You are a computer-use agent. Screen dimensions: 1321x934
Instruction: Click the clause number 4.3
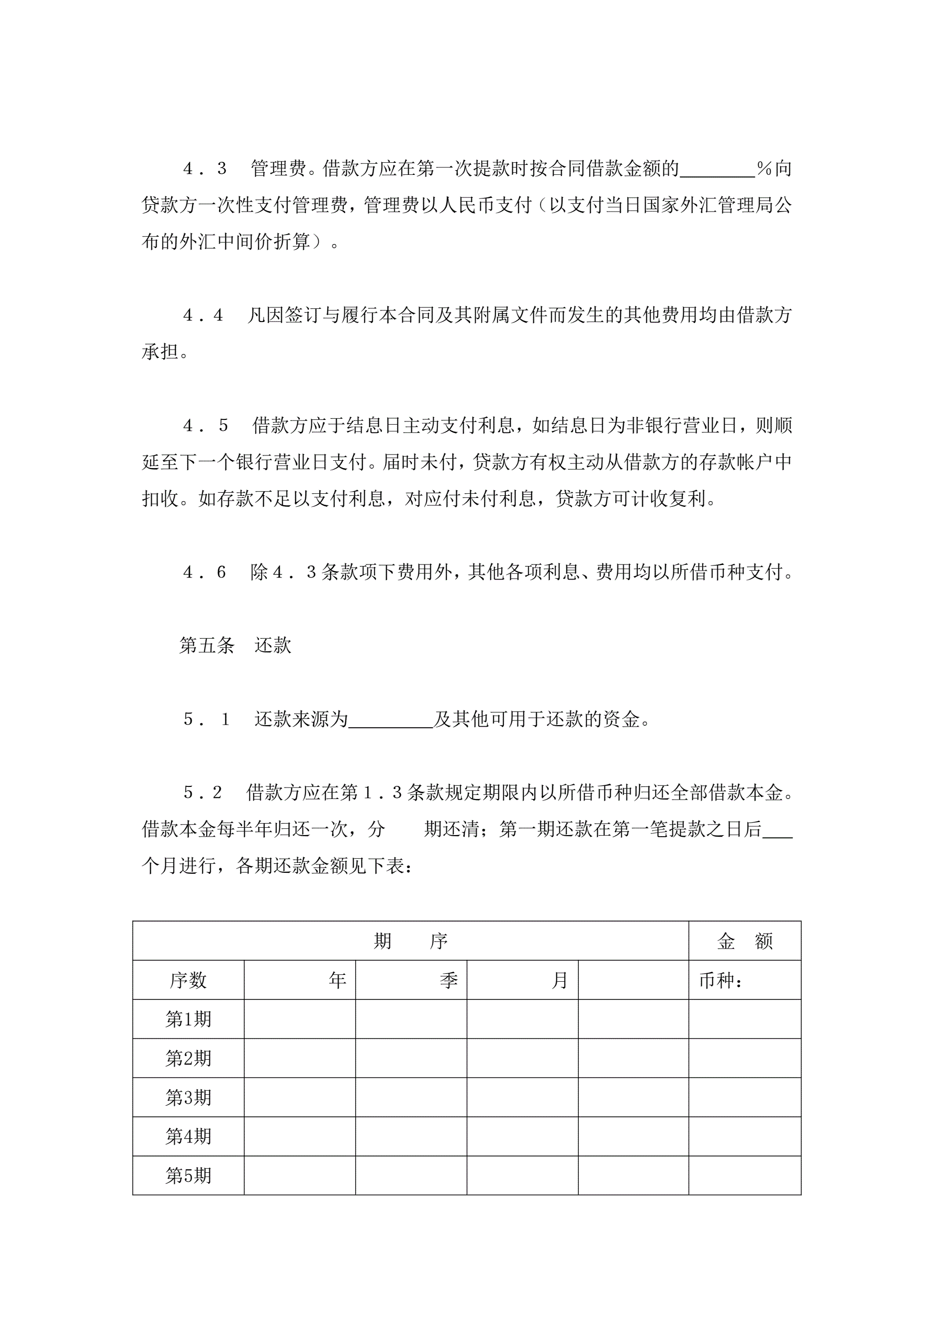click(x=204, y=169)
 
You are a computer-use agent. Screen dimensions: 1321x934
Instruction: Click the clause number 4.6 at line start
click(x=204, y=572)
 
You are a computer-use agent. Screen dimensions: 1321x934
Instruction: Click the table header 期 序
click(x=410, y=941)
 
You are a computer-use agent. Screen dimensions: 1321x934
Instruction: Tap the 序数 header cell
click(x=188, y=980)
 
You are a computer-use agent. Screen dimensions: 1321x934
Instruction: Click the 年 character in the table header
click(x=337, y=980)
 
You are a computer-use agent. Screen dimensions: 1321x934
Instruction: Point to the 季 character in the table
click(x=448, y=980)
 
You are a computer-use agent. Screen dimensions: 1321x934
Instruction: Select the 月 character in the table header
click(x=559, y=980)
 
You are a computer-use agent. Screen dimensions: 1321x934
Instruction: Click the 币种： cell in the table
click(x=721, y=980)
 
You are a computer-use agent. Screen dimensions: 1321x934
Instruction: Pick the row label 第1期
click(x=188, y=1019)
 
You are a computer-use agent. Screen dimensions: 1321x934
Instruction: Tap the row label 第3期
click(x=188, y=1097)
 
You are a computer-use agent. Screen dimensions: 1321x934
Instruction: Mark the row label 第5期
click(x=188, y=1175)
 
